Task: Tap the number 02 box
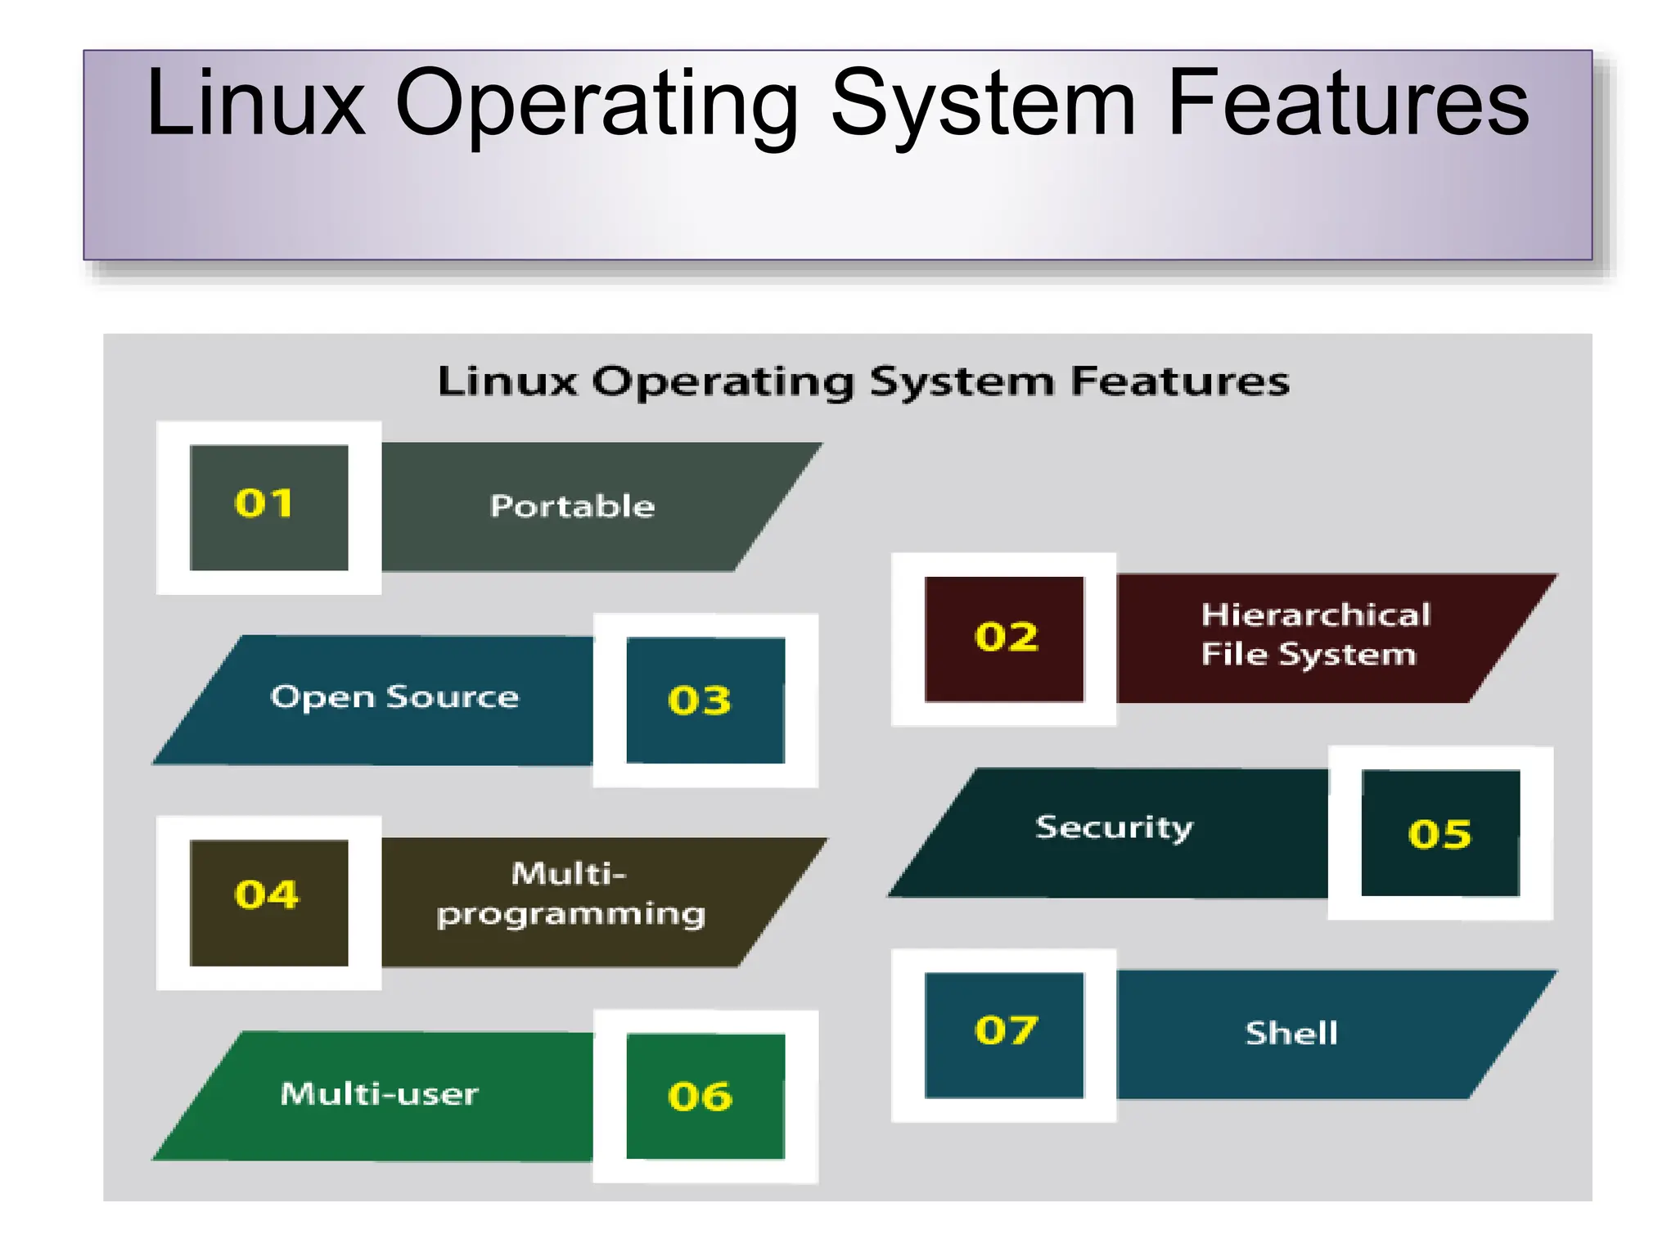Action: [x=1004, y=638]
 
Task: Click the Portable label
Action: [x=572, y=507]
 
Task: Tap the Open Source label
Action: [x=394, y=697]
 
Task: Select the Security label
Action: [x=1114, y=828]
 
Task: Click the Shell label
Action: [x=1291, y=1034]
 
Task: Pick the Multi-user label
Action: [x=379, y=1094]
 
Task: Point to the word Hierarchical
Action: [x=1316, y=615]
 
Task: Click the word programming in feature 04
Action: [x=570, y=915]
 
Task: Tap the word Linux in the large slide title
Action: [x=255, y=104]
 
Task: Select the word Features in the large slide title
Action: [x=1347, y=104]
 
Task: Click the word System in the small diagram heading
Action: [x=962, y=382]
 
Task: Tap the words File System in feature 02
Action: [x=1308, y=655]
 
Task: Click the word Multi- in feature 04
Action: [x=569, y=874]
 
